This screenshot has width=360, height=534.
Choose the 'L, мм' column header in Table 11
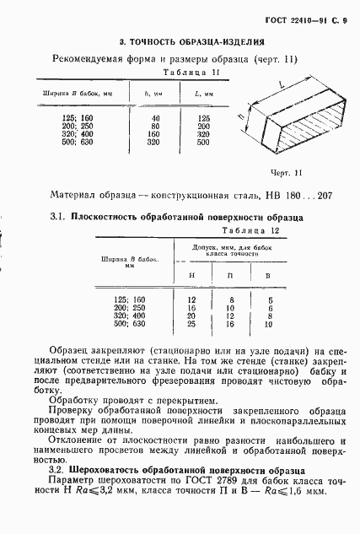202,92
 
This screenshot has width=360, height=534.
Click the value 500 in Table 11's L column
203,142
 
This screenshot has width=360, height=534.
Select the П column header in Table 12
230,275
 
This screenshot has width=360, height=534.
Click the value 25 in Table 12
191,323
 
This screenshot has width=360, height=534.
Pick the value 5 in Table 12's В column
269,299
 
